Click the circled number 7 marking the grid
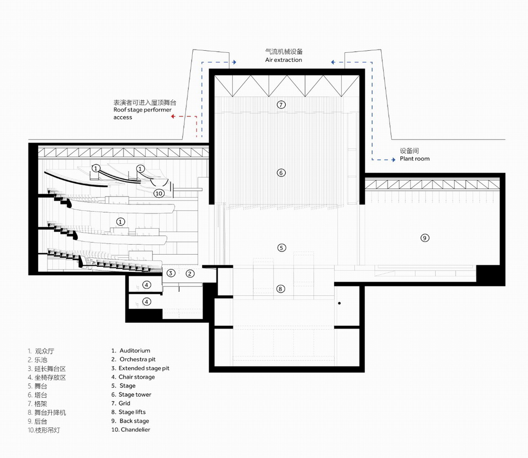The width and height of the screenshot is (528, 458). pyautogui.click(x=281, y=105)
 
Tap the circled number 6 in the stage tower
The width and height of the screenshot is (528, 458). pyautogui.click(x=281, y=173)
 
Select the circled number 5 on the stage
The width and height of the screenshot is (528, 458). pyautogui.click(x=281, y=247)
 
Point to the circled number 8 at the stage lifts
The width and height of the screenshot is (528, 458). pyautogui.click(x=281, y=288)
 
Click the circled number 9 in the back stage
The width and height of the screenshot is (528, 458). pyautogui.click(x=425, y=238)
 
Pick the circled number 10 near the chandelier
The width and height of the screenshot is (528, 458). pyautogui.click(x=159, y=193)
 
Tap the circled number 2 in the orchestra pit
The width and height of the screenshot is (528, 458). pyautogui.click(x=191, y=273)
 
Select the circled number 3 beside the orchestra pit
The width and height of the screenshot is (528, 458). pyautogui.click(x=171, y=273)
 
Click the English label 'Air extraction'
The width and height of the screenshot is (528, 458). pyautogui.click(x=284, y=60)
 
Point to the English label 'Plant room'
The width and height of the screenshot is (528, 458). pyautogui.click(x=414, y=158)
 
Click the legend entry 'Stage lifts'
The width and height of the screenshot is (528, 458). pyautogui.click(x=132, y=412)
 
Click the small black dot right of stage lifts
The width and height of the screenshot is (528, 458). pyautogui.click(x=340, y=303)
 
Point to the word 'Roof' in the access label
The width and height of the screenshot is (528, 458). pyautogui.click(x=120, y=110)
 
